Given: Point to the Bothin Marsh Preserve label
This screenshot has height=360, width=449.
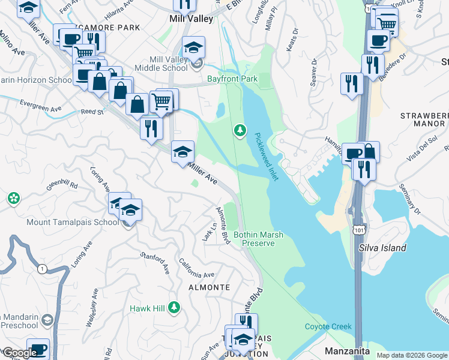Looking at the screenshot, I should tap(258, 239).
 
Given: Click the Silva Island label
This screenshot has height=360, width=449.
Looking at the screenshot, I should tap(382, 248).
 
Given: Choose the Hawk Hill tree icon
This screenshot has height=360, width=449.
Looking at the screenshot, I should tap(174, 307).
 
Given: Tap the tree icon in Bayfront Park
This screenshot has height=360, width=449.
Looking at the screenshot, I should tap(240, 130).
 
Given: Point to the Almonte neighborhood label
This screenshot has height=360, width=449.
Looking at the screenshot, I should tap(209, 287).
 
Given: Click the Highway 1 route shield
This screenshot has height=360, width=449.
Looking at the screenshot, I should tap(41, 269).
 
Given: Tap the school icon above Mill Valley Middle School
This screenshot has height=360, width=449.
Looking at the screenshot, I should tap(194, 47).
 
